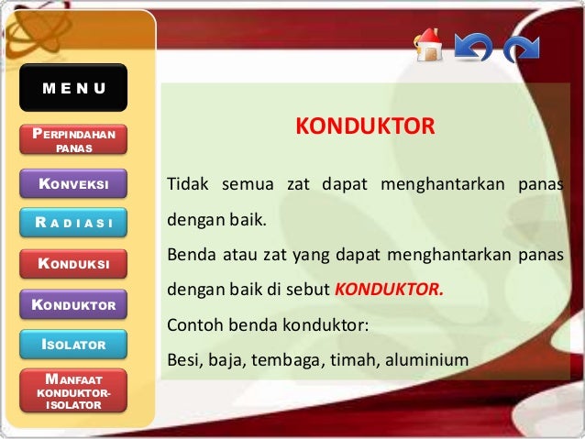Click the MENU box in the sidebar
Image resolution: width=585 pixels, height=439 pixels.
point(73,88)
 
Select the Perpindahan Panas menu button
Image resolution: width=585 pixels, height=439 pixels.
point(73,140)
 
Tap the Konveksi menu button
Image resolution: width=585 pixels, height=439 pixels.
point(73,184)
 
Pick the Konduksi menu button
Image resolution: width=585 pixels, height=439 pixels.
point(73,265)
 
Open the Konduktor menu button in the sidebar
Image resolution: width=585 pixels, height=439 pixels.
point(73,304)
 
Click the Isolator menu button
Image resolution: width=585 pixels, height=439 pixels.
point(73,345)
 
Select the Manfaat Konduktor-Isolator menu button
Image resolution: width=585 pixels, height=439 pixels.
point(73,390)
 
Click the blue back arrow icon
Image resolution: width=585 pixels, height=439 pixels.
point(474,46)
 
